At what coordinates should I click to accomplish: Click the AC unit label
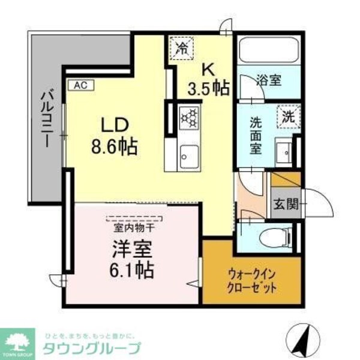[x=81, y=85]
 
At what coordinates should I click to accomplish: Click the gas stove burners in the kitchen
[x=188, y=118]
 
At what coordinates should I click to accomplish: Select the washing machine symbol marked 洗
[x=287, y=115]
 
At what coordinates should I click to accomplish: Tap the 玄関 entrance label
[x=286, y=203]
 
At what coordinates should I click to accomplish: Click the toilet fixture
[x=275, y=235]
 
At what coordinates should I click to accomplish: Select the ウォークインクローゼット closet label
[x=251, y=280]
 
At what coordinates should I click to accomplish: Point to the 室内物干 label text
[x=133, y=227]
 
